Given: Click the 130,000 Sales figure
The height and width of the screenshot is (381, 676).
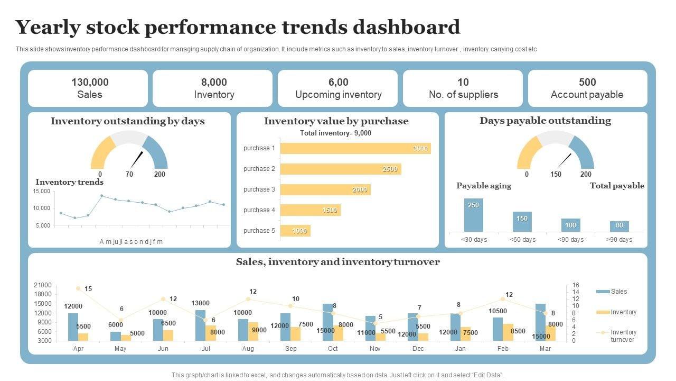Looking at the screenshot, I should (90, 82).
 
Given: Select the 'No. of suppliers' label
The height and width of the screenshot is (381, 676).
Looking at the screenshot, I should (463, 95).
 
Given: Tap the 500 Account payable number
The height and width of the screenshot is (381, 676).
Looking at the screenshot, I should (587, 82).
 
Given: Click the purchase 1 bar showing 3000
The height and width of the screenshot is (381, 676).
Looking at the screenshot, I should (355, 148).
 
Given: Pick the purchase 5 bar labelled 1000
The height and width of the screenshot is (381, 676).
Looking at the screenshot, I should (295, 231).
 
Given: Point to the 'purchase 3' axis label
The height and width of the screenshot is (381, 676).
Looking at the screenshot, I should (259, 189).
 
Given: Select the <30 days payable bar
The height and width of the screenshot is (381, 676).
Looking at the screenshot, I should (474, 215).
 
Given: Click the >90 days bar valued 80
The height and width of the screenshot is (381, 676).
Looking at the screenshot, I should (619, 226).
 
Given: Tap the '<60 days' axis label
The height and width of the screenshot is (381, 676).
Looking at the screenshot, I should (522, 240).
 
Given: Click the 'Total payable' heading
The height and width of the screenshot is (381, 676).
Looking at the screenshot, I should (617, 186).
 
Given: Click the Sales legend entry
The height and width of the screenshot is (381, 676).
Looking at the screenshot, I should (618, 292).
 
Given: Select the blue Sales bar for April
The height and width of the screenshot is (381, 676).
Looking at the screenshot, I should (73, 326).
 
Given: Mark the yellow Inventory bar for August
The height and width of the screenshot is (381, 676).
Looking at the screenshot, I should (253, 331).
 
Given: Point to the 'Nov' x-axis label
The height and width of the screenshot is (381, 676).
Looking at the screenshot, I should (375, 349).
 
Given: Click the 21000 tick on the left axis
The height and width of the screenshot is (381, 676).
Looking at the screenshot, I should (43, 285).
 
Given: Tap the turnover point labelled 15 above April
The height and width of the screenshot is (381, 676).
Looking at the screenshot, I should (78, 288).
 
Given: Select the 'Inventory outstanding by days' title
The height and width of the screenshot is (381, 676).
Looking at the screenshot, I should (127, 121).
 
